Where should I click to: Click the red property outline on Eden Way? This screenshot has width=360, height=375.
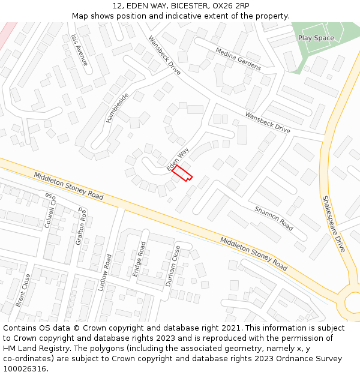click(182, 173)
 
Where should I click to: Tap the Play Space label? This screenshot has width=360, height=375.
click(316, 38)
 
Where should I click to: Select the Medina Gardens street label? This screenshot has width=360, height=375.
click(238, 59)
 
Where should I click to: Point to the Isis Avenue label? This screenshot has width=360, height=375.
click(79, 50)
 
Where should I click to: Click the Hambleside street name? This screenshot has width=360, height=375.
click(118, 108)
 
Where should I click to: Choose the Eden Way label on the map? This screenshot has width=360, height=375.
click(178, 158)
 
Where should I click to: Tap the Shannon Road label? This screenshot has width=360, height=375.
click(274, 218)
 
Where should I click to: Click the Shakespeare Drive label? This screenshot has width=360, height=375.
click(334, 223)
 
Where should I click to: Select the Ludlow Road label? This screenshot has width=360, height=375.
click(106, 272)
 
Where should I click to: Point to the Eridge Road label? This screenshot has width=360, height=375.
click(139, 259)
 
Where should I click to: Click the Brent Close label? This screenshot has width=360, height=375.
click(23, 290)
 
